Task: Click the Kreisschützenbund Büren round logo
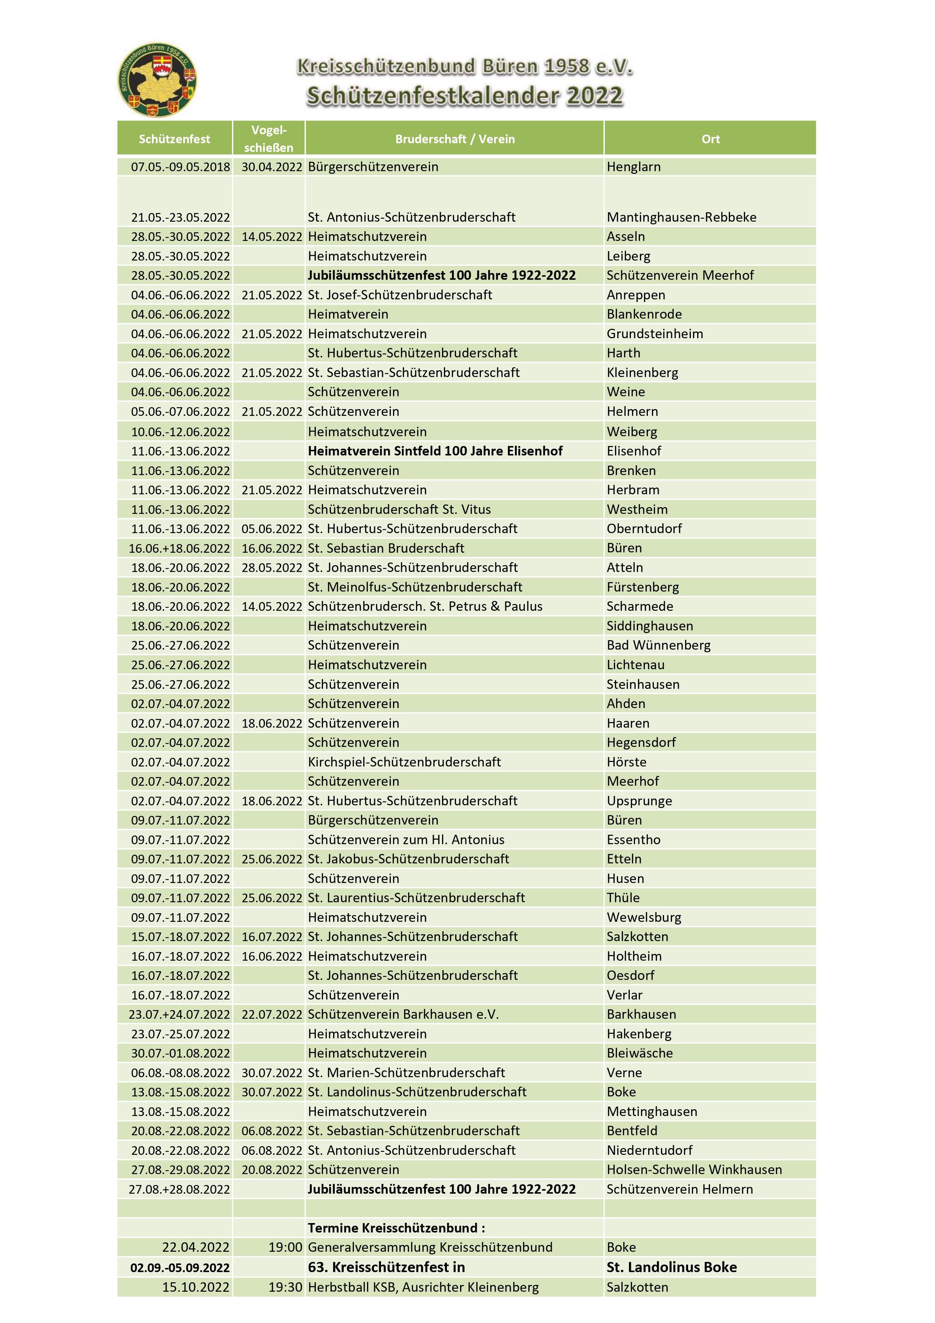click(x=157, y=80)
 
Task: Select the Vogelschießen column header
click(x=268, y=138)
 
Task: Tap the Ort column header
click(x=710, y=139)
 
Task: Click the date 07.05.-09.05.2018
click(x=180, y=167)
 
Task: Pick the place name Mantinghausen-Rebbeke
click(x=681, y=217)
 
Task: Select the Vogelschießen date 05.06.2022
click(x=271, y=528)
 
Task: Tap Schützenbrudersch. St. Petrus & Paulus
click(x=425, y=606)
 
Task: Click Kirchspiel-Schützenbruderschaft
click(x=404, y=762)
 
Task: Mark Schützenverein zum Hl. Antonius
click(x=406, y=840)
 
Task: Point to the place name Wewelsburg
click(x=644, y=917)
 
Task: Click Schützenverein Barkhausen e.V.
click(x=403, y=1014)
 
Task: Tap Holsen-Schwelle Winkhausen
click(x=693, y=1169)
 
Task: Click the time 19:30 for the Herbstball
click(x=285, y=1287)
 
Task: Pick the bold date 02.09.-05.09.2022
click(x=180, y=1267)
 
